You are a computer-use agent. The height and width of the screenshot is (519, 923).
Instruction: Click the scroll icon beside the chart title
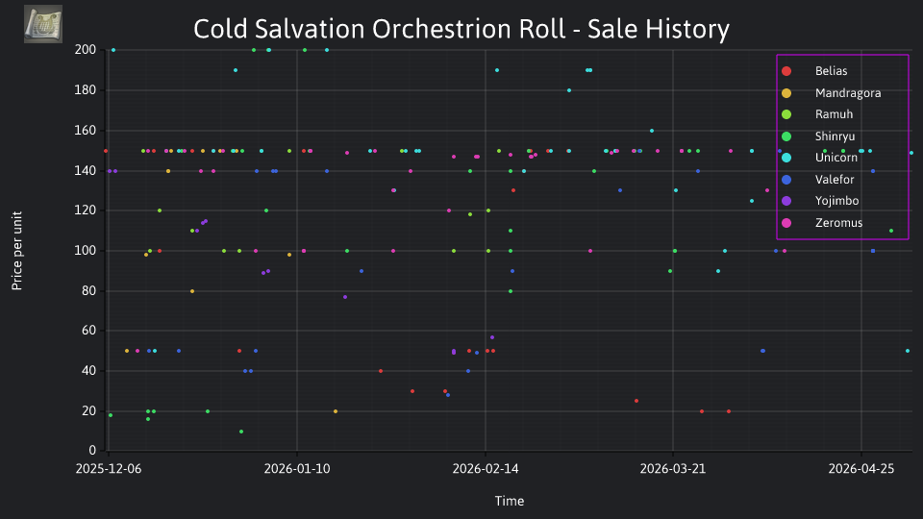[x=43, y=24]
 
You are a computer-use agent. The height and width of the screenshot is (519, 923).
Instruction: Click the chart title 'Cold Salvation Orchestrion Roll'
[x=379, y=29]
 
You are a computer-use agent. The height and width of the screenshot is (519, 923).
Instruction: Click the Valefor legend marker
[x=786, y=180]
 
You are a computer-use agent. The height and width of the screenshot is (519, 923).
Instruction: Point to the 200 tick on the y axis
[x=86, y=50]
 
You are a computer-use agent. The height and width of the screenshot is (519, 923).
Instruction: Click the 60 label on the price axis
[x=88, y=331]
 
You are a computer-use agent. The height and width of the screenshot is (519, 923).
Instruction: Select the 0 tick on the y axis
[x=92, y=451]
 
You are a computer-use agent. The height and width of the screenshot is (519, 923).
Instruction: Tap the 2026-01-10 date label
[x=297, y=469]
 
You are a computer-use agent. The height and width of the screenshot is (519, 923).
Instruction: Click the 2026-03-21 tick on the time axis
[x=673, y=469]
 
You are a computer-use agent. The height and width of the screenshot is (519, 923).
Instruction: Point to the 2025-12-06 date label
[x=109, y=469]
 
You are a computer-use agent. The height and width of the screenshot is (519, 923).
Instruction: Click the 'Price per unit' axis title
[x=17, y=251]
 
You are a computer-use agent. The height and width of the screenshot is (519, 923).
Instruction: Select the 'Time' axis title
[x=510, y=501]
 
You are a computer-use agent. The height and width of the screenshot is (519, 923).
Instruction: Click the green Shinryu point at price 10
[x=241, y=432]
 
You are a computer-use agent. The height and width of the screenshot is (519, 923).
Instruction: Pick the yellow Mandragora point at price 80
[x=192, y=291]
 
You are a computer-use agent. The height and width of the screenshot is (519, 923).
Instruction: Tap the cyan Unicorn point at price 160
[x=652, y=131]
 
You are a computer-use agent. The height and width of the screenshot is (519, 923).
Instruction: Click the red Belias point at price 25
[x=636, y=402]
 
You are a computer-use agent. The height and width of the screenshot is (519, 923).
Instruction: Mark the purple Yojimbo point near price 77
[x=345, y=297]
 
